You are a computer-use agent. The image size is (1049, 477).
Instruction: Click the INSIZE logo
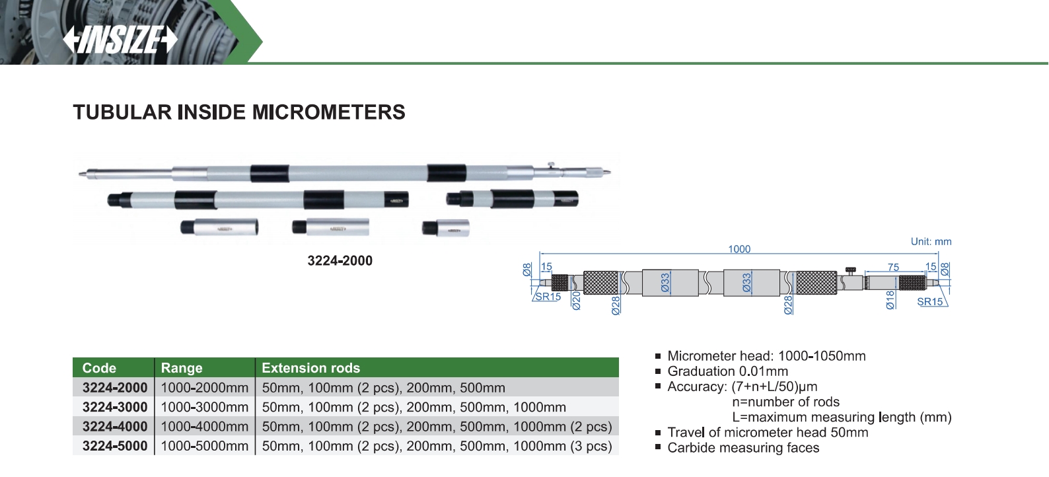coord(120,40)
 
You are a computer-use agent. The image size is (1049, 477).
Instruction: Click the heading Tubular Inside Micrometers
coord(238,112)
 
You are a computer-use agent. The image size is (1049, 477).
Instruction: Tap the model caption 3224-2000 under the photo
coord(340,261)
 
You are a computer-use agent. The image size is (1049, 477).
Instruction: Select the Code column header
coord(99,368)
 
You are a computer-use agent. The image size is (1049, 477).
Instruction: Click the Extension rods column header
coord(310,368)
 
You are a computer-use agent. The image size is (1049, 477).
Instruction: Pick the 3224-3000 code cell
coord(114,407)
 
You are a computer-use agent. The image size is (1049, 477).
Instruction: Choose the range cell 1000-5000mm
coord(204,446)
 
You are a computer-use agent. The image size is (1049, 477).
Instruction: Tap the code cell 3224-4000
coord(114,427)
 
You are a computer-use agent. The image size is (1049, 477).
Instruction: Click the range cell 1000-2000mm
coord(204,388)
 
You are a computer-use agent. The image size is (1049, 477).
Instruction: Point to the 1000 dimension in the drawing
coord(739,249)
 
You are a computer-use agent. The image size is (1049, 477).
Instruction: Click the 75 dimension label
coord(893,268)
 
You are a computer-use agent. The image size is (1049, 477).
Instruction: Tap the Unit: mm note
coord(931,242)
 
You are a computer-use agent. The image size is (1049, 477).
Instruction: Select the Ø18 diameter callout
coord(890,299)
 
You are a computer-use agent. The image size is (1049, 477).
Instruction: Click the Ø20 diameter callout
coord(576,301)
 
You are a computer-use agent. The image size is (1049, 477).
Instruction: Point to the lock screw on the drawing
coord(850,271)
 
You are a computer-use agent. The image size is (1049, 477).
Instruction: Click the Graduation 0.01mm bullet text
coord(727,371)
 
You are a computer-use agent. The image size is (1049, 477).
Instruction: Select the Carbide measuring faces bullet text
coord(743,448)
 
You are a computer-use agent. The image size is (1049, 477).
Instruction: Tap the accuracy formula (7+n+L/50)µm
coord(774,386)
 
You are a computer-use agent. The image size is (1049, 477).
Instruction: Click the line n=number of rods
coord(785,402)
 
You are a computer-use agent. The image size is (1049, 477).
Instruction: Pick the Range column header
coord(182,368)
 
